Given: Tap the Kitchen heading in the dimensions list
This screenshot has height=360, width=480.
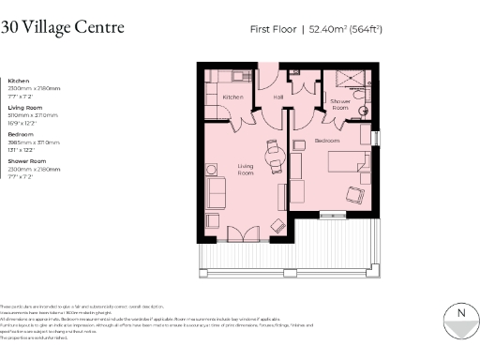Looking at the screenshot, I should click(19, 81).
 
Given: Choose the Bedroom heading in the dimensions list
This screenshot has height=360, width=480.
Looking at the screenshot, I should click(21, 134).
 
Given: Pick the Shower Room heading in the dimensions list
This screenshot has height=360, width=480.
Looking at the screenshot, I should click(26, 161).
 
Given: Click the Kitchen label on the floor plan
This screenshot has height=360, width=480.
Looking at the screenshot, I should click(232, 97).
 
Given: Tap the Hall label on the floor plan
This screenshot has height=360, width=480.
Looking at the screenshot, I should click(278, 97).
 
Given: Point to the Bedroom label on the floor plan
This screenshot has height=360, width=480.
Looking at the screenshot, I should click(327, 140).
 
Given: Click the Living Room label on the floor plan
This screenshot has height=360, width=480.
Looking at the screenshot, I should click(245, 170).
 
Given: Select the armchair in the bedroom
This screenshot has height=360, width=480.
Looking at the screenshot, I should click(355, 194).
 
